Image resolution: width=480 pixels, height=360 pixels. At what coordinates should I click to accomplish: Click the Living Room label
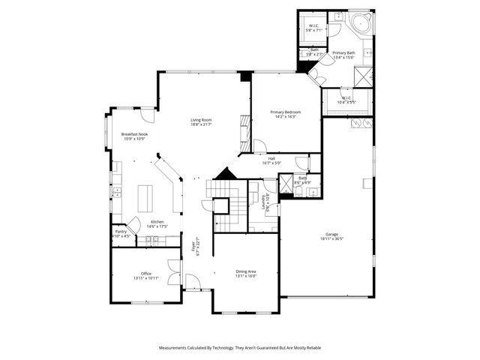pos(200,120)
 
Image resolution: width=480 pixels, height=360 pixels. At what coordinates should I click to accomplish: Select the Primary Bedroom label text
pos(285,112)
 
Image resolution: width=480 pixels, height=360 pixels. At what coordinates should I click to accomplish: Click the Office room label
pos(146,274)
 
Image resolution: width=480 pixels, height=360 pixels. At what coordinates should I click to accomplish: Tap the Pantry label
pos(121,232)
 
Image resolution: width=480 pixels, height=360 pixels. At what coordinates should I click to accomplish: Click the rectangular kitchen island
pos(145,198)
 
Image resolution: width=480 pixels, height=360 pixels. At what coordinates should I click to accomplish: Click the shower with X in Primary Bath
pos(364,76)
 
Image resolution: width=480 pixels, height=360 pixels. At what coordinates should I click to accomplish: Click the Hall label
pos(271,158)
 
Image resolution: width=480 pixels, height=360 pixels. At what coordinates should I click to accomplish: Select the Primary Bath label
pos(343,52)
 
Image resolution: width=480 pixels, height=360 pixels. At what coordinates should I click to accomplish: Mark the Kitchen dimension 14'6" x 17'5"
pos(157,226)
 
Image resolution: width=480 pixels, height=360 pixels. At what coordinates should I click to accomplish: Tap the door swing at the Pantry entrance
pos(134,223)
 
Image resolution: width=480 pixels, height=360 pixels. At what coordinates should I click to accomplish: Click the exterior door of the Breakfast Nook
pos(148,115)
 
